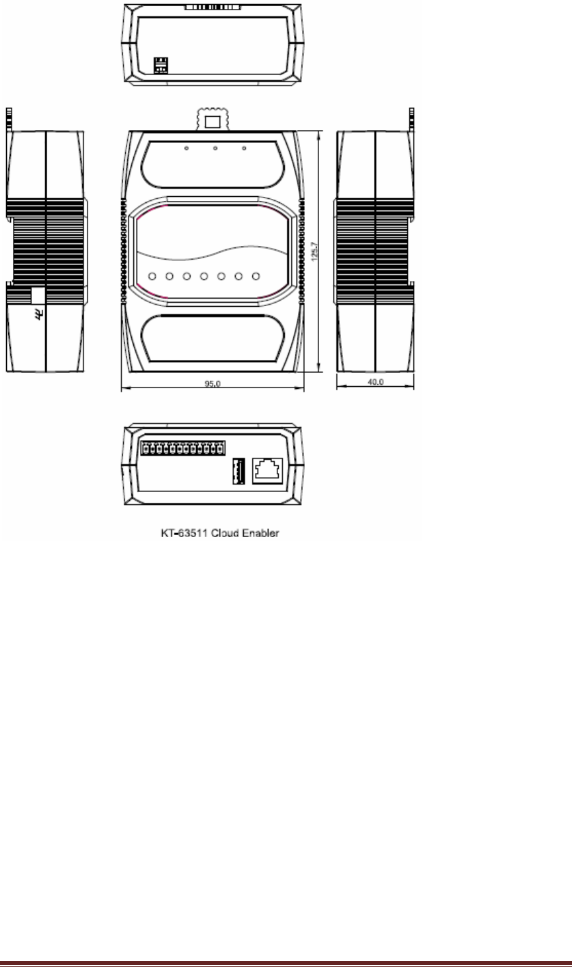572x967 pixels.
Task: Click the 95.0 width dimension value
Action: pos(213,383)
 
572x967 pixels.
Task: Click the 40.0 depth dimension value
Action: pos(376,382)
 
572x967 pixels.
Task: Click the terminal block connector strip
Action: pos(180,448)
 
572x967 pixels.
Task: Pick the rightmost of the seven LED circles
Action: pos(256,277)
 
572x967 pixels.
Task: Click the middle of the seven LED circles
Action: pos(204,277)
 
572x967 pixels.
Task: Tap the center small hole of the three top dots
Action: pos(215,148)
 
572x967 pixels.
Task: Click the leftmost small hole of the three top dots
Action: pos(186,148)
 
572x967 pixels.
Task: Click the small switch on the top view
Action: pos(161,65)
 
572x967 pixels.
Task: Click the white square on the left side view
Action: pos(38,295)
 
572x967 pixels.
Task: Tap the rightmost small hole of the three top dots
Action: pos(244,148)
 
